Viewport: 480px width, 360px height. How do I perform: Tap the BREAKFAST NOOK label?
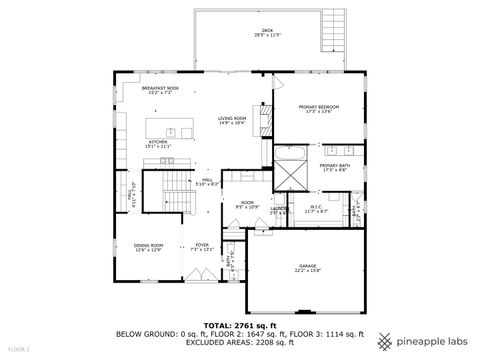160,90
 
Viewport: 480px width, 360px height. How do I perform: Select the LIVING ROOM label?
233,121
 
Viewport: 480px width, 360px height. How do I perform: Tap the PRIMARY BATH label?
335,167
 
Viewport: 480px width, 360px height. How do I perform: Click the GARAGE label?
306,268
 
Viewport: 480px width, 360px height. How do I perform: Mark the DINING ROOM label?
149,247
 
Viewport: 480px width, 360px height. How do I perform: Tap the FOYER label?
202,247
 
